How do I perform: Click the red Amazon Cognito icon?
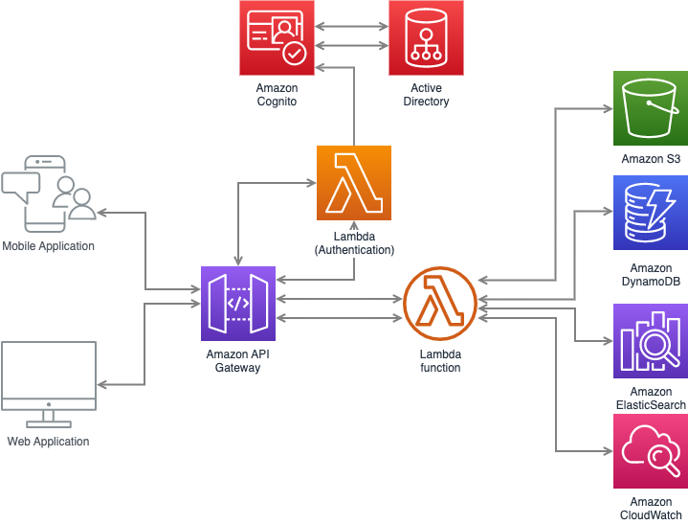[277, 37]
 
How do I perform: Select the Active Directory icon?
[426, 37]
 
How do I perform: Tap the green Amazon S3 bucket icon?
[651, 108]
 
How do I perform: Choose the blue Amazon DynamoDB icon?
[651, 213]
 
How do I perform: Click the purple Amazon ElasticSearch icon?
[651, 342]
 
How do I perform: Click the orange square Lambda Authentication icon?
[354, 183]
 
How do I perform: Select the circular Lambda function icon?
[440, 305]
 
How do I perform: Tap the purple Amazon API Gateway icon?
[238, 304]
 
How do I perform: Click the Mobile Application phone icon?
[48, 195]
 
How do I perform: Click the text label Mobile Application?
[49, 246]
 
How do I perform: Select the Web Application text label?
[48, 442]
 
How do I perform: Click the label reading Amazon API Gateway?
[238, 360]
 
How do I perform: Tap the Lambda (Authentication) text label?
[354, 243]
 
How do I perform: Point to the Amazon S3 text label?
[651, 159]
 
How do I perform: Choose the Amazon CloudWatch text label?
[651, 509]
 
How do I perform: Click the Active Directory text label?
[427, 95]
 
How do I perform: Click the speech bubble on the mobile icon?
[21, 184]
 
